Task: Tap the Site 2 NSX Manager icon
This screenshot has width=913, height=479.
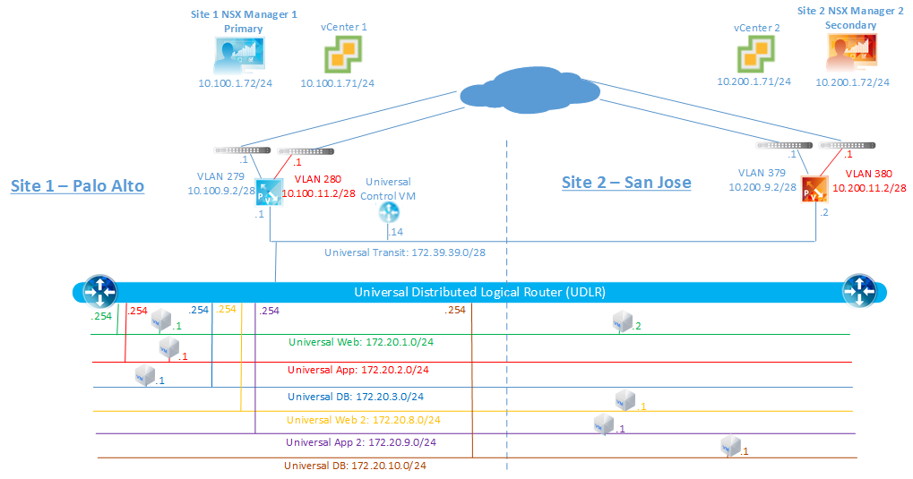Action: (x=852, y=56)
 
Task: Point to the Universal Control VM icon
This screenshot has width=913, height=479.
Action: (x=389, y=211)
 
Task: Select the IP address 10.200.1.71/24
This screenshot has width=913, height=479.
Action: (x=754, y=81)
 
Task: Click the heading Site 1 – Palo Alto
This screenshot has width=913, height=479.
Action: (x=77, y=186)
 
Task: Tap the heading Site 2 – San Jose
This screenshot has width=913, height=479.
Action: (x=626, y=183)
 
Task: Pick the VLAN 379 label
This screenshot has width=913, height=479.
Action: (x=763, y=173)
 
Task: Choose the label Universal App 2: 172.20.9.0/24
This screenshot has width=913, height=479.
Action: (x=363, y=441)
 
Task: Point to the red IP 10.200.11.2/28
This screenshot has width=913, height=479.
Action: (x=869, y=189)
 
